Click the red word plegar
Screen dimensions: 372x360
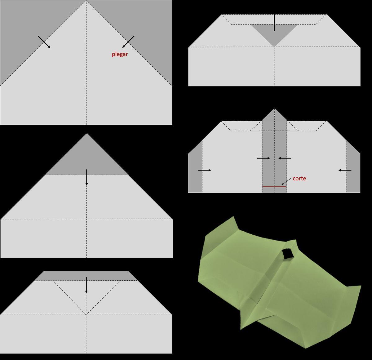click(x=120, y=54)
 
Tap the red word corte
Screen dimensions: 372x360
click(x=299, y=178)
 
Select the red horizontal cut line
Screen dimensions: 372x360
click(x=274, y=187)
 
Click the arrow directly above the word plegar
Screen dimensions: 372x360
click(x=128, y=42)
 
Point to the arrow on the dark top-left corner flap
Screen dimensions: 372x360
click(x=44, y=42)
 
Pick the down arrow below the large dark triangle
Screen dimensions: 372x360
click(x=86, y=177)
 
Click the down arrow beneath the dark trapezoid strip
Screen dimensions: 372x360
click(x=86, y=285)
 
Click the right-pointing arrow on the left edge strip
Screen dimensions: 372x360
click(x=205, y=170)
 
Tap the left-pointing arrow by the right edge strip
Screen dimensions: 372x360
click(x=345, y=170)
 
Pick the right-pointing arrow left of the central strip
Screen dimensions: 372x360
click(x=263, y=158)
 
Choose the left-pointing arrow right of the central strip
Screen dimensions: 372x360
click(x=285, y=158)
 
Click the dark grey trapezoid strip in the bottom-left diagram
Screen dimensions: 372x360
click(x=86, y=276)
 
